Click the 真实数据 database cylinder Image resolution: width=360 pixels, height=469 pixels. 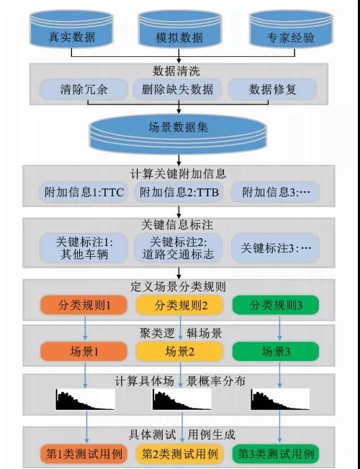[71, 29]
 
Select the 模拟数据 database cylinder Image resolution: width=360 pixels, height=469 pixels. [179, 29]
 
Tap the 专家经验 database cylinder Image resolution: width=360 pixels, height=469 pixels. [291, 29]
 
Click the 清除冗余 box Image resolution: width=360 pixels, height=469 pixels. [84, 89]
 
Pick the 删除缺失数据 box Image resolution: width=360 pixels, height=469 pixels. [178, 89]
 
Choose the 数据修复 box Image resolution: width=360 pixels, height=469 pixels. [273, 89]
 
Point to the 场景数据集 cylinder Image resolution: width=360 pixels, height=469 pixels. [179, 135]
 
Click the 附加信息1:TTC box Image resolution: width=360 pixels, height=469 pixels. [84, 192]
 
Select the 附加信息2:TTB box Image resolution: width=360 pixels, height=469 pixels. [179, 192]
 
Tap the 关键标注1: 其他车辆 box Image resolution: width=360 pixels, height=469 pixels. [84, 248]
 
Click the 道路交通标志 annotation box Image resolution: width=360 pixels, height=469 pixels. [179, 248]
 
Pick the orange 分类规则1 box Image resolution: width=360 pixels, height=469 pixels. [84, 305]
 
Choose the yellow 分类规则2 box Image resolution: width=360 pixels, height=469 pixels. [179, 305]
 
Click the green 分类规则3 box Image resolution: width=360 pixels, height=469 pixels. [276, 305]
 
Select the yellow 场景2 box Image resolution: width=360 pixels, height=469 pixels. [179, 352]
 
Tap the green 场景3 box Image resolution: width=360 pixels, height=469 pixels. [276, 352]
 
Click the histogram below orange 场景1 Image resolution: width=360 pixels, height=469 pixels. [85, 399]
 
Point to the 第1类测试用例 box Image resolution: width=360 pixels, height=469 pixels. [84, 454]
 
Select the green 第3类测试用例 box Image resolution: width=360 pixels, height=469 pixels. [276, 454]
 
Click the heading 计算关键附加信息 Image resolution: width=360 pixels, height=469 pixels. [179, 174]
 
